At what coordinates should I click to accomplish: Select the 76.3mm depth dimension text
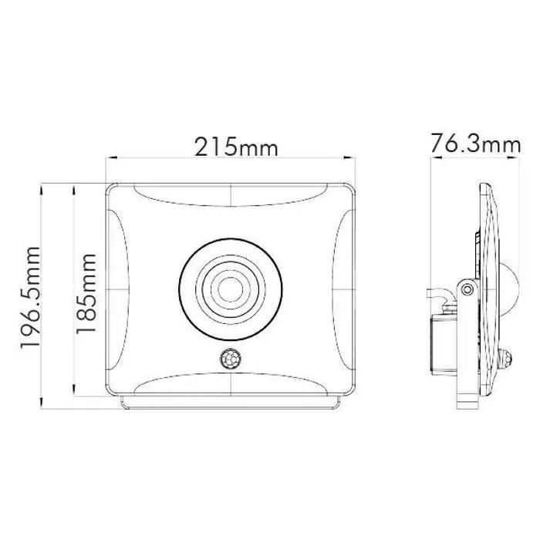click(476, 144)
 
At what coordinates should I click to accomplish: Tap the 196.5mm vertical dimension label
click(30, 298)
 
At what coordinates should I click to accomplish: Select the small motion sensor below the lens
click(231, 358)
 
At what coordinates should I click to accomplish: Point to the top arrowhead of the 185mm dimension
click(73, 187)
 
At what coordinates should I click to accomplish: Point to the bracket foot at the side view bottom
click(467, 400)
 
